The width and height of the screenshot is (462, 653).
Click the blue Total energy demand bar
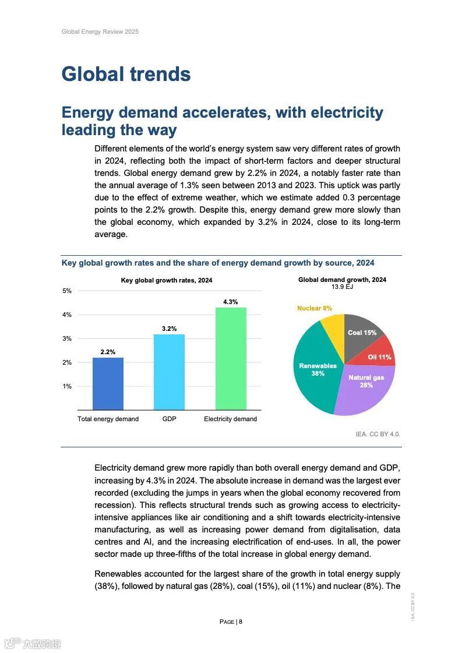click(108, 384)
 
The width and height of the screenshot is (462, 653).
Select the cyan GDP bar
click(169, 372)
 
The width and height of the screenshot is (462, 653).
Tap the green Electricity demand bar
click(231, 359)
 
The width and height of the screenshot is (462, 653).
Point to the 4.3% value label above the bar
click(231, 302)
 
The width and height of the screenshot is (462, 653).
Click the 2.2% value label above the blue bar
click(108, 352)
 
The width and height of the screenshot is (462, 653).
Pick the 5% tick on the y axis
click(67, 291)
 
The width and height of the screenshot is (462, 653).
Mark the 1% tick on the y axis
click(67, 386)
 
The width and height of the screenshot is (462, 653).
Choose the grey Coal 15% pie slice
click(361, 332)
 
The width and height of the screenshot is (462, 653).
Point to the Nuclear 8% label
click(315, 308)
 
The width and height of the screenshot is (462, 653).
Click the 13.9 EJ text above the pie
click(342, 287)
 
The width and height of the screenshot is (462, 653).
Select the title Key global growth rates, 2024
click(167, 280)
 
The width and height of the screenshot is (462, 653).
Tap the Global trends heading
click(126, 74)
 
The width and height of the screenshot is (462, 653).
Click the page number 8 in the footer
click(240, 622)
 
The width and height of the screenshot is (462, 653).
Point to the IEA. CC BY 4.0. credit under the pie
click(378, 434)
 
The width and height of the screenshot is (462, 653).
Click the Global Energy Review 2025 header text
click(100, 31)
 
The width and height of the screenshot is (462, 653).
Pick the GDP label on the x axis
click(169, 419)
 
